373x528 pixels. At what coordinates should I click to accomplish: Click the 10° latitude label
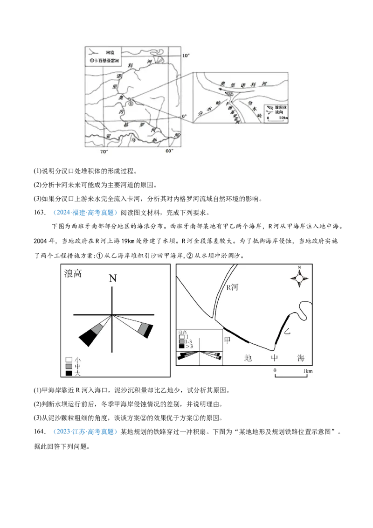[x=186, y=56]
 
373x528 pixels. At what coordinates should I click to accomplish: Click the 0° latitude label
[x=184, y=116]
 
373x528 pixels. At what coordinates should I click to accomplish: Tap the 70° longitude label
[x=104, y=152]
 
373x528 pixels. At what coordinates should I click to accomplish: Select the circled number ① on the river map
[x=131, y=104]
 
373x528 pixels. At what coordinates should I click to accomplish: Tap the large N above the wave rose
[x=112, y=279]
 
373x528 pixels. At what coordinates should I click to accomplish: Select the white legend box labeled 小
[x=69, y=360]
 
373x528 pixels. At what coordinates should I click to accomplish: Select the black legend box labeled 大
[x=69, y=373]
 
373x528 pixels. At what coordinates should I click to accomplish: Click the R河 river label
[x=232, y=288]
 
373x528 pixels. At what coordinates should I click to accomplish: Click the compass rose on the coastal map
[x=299, y=278]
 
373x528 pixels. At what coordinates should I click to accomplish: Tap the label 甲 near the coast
[x=228, y=340]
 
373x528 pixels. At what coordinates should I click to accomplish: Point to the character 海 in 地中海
[x=300, y=358]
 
